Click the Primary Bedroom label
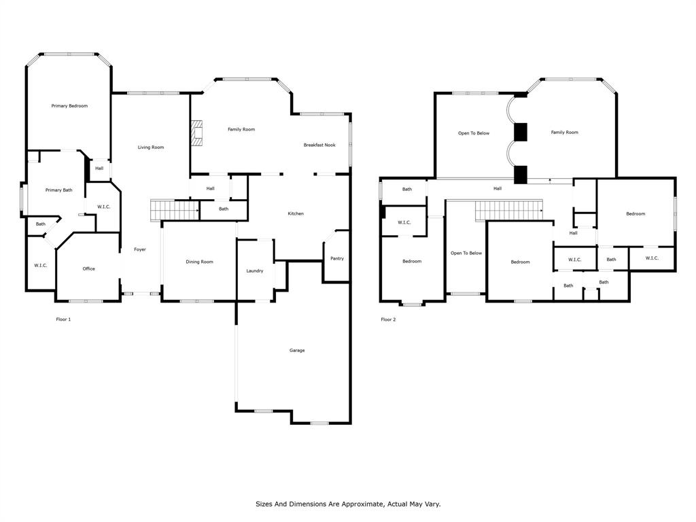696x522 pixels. point(69,105)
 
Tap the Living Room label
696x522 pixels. point(150,147)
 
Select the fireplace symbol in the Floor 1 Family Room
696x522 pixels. point(196,133)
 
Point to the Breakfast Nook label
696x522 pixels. point(319,145)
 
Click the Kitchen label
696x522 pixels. point(296,213)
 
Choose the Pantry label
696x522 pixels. point(337,258)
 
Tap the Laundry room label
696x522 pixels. point(255,271)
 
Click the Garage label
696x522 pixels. point(297,350)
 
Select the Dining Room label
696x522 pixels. point(199,262)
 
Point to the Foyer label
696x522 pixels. point(140,249)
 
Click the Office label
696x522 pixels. point(89,268)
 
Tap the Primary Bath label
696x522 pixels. point(58,190)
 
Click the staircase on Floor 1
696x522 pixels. point(175,210)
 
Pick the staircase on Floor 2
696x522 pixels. point(509,211)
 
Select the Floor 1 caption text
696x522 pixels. point(63,319)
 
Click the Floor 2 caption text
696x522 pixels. point(388,319)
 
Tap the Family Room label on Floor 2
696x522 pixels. point(564,133)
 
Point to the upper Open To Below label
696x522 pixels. point(474,133)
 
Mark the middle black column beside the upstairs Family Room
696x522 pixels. point(520,133)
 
